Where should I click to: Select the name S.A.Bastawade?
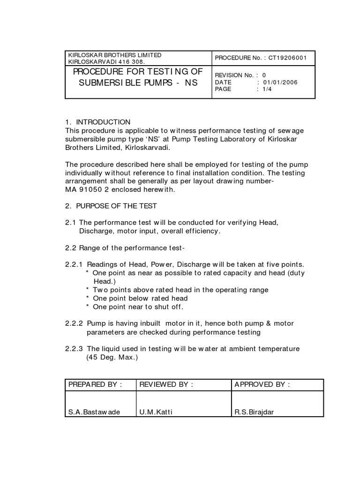pos(94,412)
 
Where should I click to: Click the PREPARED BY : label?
pos(95,385)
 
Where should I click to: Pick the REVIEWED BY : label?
pos(166,385)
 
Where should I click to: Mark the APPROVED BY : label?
pos(262,385)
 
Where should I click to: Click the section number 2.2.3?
pos(74,349)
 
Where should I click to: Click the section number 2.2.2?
pos(74,324)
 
